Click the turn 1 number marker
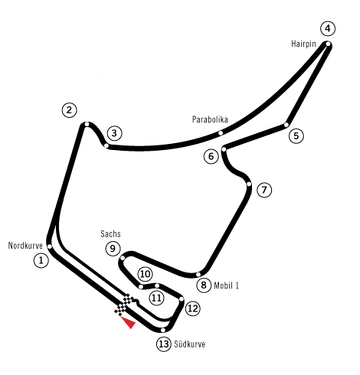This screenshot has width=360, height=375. [40, 260]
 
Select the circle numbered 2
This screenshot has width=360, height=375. [68, 110]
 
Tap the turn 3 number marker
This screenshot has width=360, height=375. [114, 133]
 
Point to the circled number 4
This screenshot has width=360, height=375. [328, 28]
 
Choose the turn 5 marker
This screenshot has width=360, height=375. [296, 135]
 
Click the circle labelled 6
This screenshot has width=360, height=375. [210, 156]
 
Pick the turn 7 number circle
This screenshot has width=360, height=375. [263, 190]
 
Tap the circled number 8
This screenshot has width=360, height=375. [203, 286]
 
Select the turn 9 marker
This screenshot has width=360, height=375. [112, 248]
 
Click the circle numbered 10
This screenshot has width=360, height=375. [145, 274]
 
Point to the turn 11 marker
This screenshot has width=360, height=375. [156, 298]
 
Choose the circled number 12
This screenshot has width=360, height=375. [192, 309]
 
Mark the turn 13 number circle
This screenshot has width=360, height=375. [163, 344]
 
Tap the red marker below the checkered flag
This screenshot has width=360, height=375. [128, 323]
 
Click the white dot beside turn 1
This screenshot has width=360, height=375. [50, 244]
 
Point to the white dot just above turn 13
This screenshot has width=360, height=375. [162, 327]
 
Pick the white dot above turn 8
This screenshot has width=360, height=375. [199, 273]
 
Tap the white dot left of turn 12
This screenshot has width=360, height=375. [181, 299]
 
